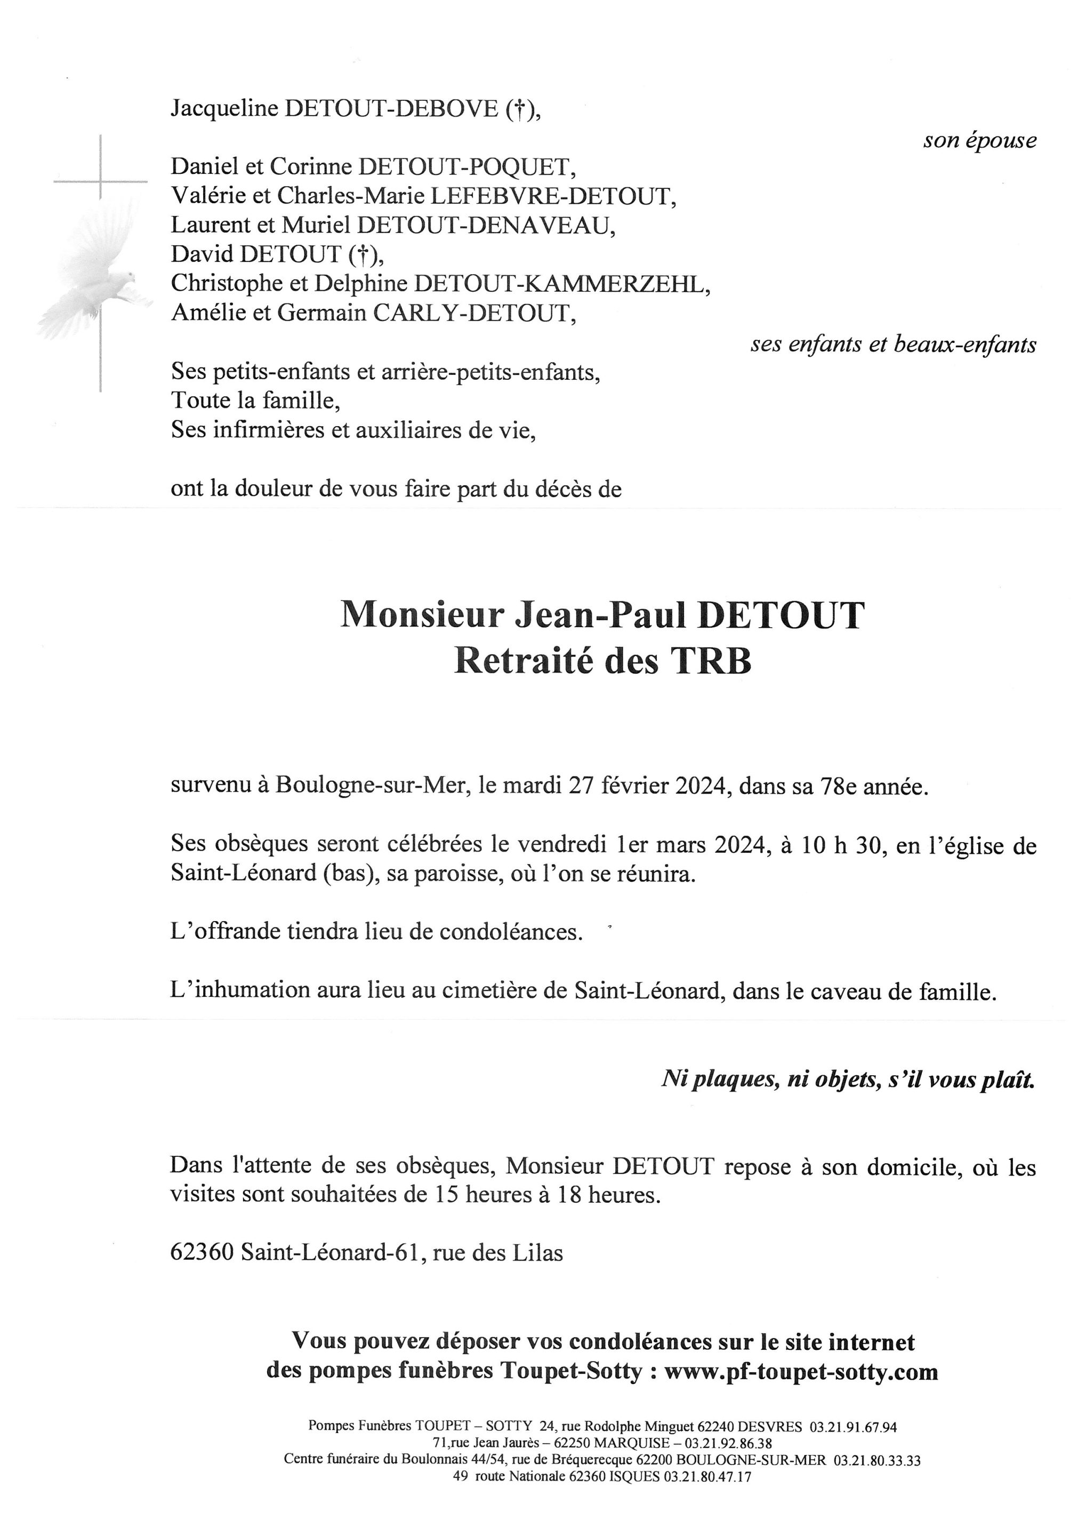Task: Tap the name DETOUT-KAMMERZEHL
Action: [560, 284]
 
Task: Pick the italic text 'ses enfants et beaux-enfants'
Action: [893, 344]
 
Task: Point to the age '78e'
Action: [839, 786]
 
